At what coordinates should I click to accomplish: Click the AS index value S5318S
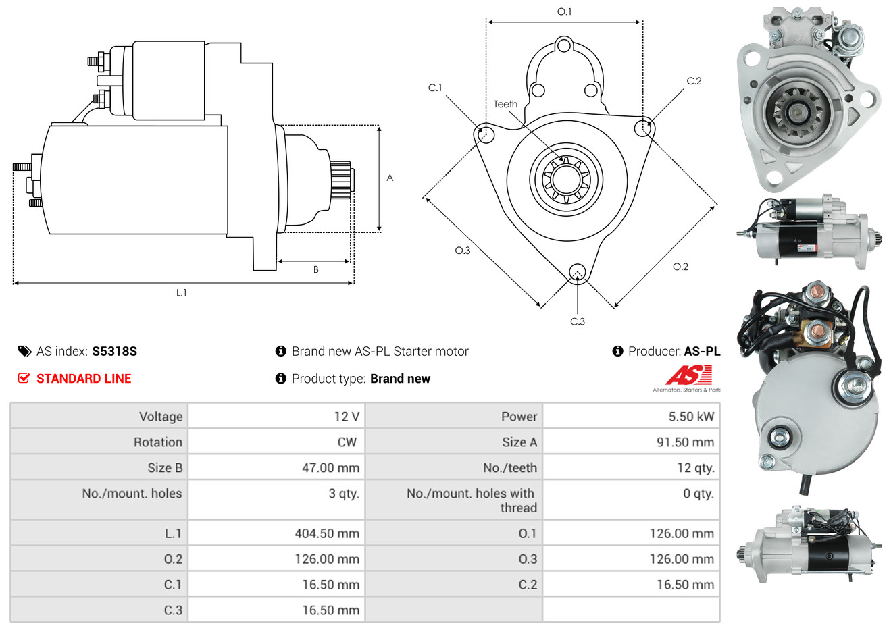click(114, 352)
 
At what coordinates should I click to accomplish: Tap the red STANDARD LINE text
click(84, 379)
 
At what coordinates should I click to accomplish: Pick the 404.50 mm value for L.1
click(327, 533)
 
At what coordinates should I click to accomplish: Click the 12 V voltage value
click(347, 417)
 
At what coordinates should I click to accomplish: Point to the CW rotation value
click(347, 442)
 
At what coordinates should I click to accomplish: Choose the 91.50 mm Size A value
click(685, 442)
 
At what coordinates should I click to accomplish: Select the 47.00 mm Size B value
click(330, 468)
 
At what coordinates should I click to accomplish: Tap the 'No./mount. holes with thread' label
click(472, 501)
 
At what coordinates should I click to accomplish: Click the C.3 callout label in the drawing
click(578, 321)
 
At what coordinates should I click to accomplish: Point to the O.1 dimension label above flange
click(564, 11)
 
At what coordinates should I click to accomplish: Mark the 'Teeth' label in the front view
click(505, 104)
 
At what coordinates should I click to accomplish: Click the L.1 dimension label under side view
click(181, 293)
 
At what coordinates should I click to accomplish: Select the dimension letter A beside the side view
click(390, 178)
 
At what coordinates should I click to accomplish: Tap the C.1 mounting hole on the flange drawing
click(484, 133)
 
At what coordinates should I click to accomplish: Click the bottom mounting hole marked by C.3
click(578, 273)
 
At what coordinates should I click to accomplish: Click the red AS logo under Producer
click(688, 375)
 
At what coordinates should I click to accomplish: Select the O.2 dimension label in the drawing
click(680, 267)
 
